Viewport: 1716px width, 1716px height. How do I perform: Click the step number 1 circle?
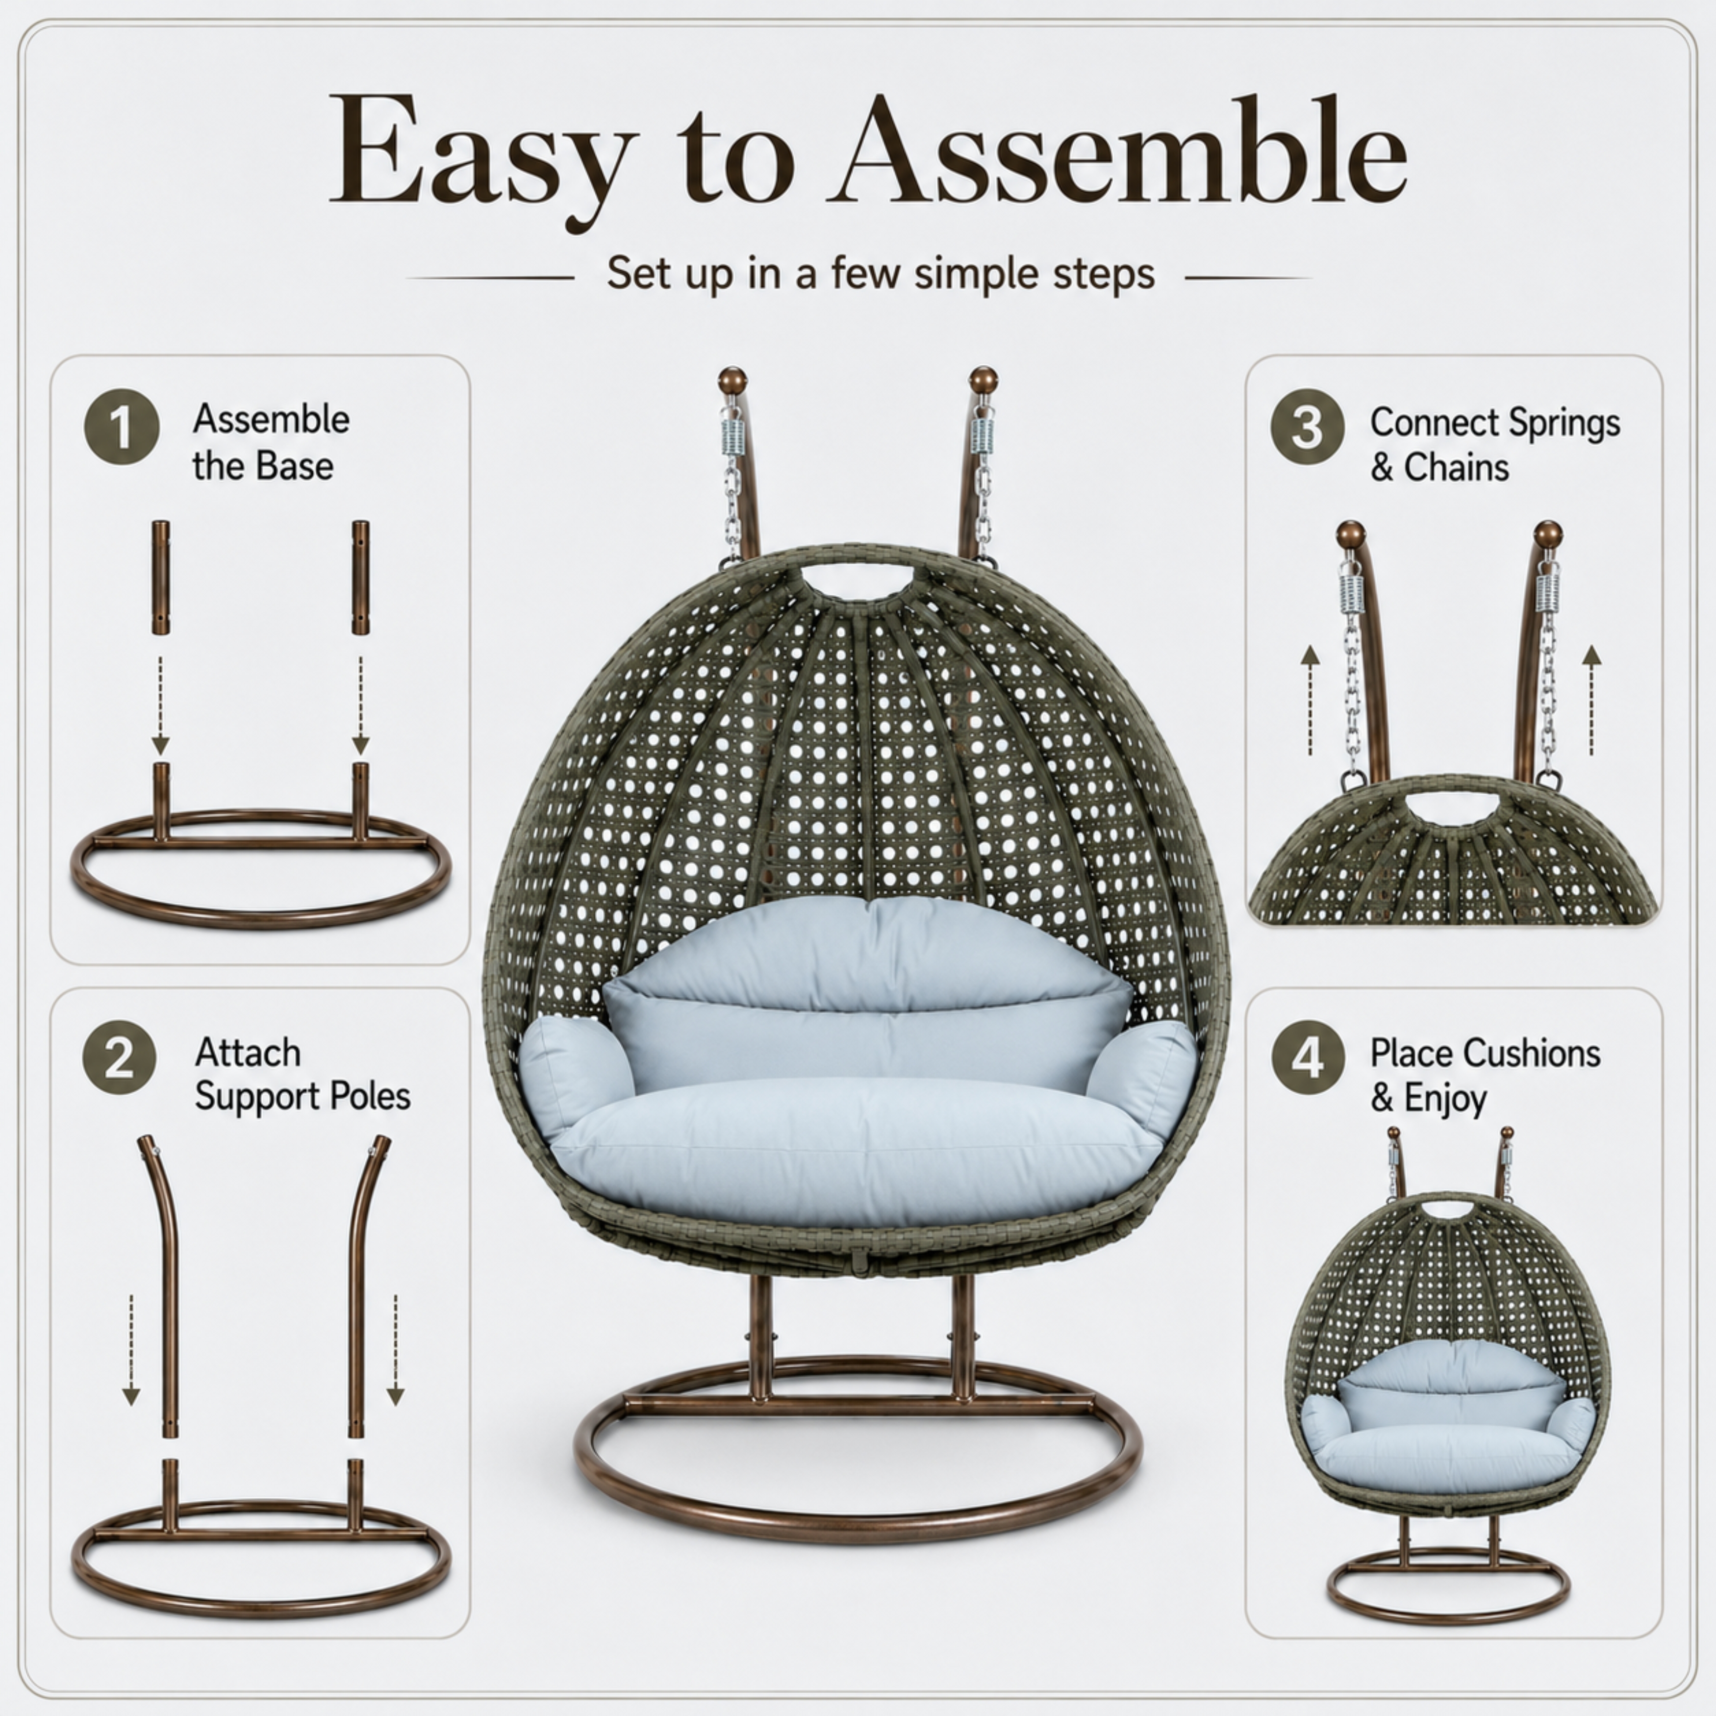click(x=122, y=427)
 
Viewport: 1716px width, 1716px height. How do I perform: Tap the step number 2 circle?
click(x=119, y=1058)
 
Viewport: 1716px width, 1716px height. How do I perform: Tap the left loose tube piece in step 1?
click(x=160, y=578)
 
